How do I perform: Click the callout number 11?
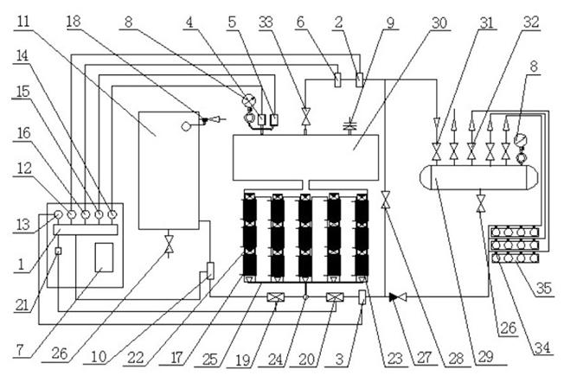(23, 22)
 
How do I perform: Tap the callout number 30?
(439, 22)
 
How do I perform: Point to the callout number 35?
(544, 288)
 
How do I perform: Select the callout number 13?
(23, 225)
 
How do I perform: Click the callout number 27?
(425, 358)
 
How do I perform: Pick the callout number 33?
(266, 22)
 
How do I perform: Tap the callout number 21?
(22, 305)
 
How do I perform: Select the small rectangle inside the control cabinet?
(104, 258)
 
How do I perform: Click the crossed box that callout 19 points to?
(276, 297)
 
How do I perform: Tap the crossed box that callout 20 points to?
(335, 297)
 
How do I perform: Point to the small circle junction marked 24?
(305, 297)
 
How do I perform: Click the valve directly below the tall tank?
(169, 245)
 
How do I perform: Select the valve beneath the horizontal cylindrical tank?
(481, 203)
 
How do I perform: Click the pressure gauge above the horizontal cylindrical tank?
(520, 139)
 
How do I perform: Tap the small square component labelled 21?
(58, 251)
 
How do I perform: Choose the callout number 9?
(391, 22)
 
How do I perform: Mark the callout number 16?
(23, 133)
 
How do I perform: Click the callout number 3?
(340, 359)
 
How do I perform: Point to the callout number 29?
(486, 357)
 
